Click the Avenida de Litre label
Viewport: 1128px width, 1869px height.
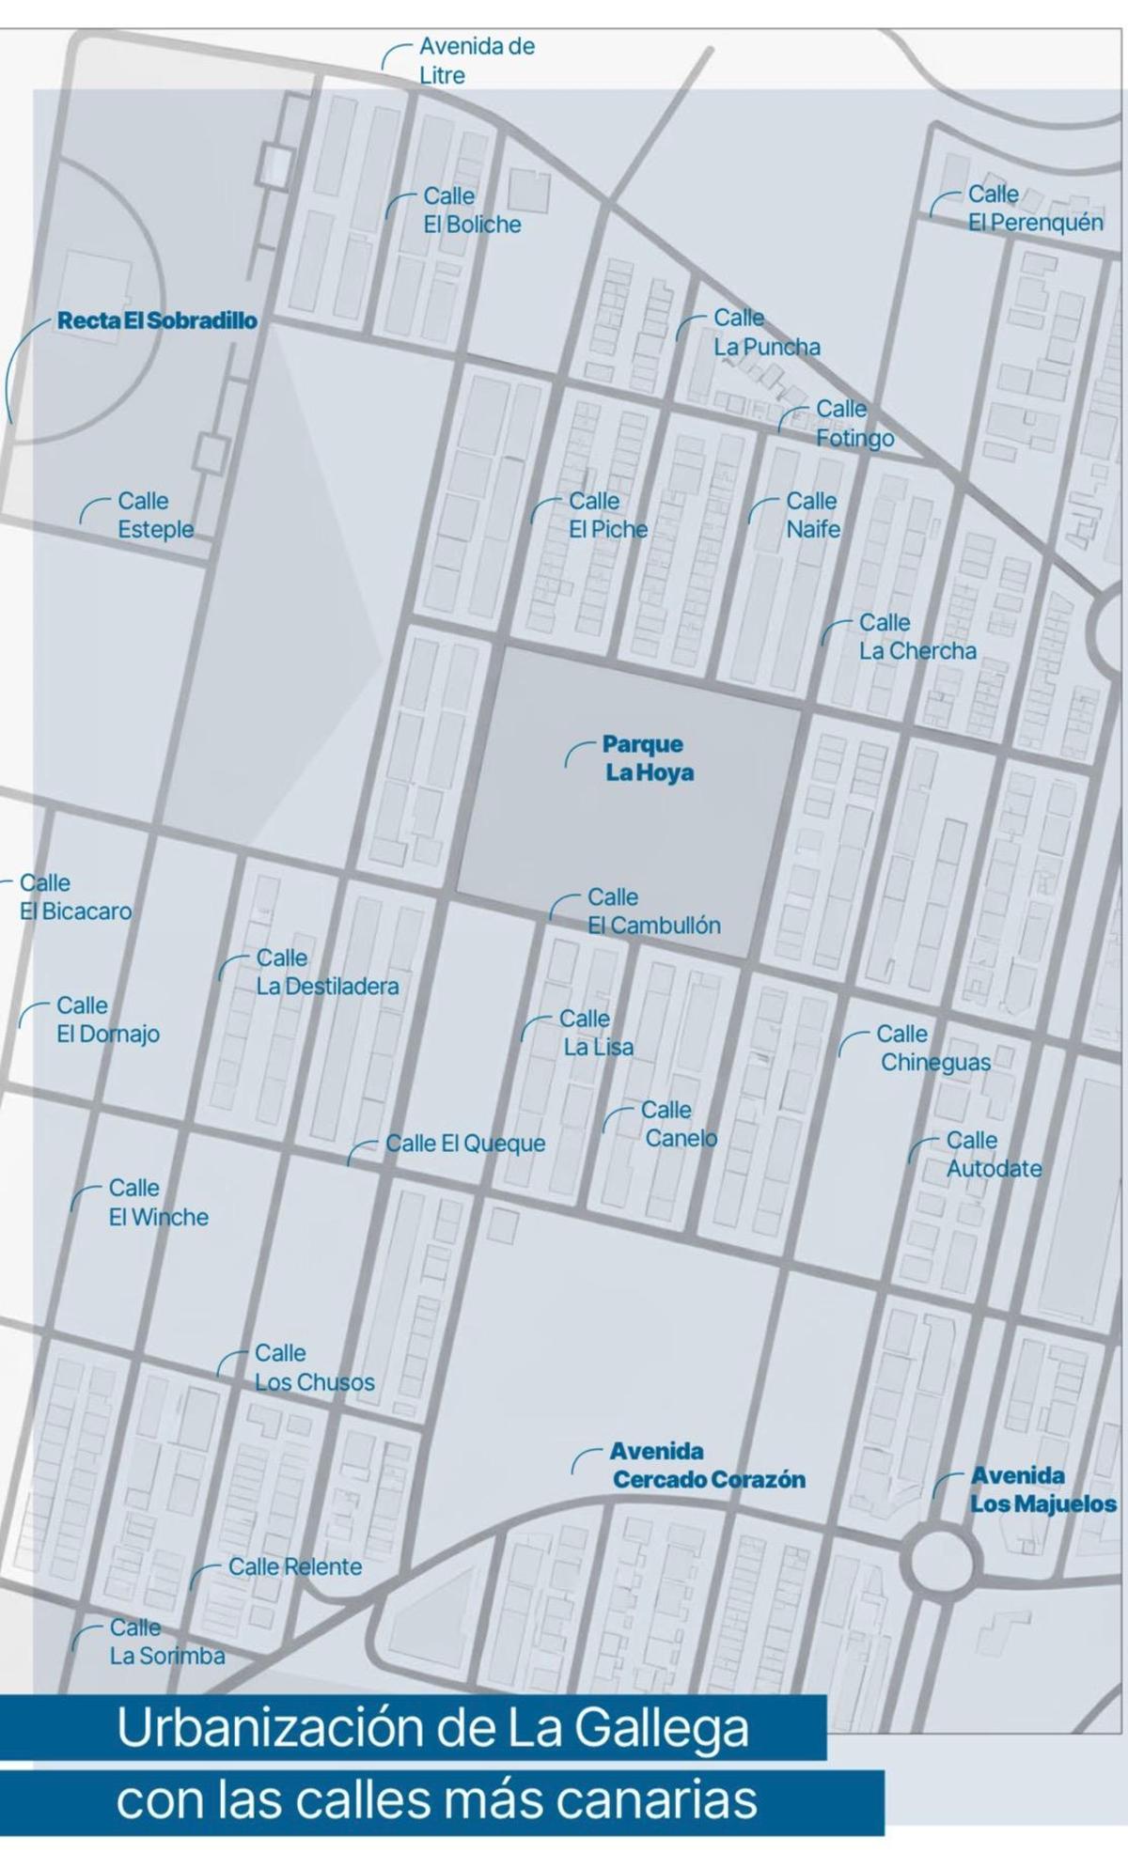point(476,60)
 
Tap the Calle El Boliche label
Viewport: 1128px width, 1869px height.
point(471,210)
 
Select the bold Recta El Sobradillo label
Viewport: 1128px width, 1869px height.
point(157,320)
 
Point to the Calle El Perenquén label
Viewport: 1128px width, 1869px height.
point(1034,209)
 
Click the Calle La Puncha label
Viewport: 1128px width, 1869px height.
point(765,333)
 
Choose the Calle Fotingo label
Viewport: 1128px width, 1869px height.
point(854,424)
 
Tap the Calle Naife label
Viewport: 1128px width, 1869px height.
point(812,515)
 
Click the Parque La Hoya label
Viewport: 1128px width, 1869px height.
point(648,758)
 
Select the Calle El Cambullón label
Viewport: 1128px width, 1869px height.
point(653,911)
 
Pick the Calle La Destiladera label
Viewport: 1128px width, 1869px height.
point(326,973)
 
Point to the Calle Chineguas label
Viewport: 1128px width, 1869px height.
point(933,1049)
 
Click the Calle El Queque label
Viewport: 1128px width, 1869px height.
point(465,1144)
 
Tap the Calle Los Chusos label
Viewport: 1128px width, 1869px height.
point(314,1368)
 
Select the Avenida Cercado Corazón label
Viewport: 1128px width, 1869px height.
point(707,1466)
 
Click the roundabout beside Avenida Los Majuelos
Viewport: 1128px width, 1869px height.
point(938,1561)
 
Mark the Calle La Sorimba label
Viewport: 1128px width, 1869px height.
point(166,1642)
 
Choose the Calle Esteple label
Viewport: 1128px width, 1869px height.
point(155,515)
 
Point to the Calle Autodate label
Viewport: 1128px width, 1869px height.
point(993,1155)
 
